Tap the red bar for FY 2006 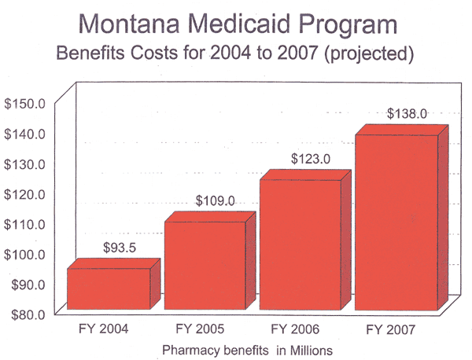[x=300, y=244]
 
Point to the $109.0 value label [x=215, y=201]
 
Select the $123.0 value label [x=311, y=159]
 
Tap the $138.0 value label [x=407, y=114]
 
